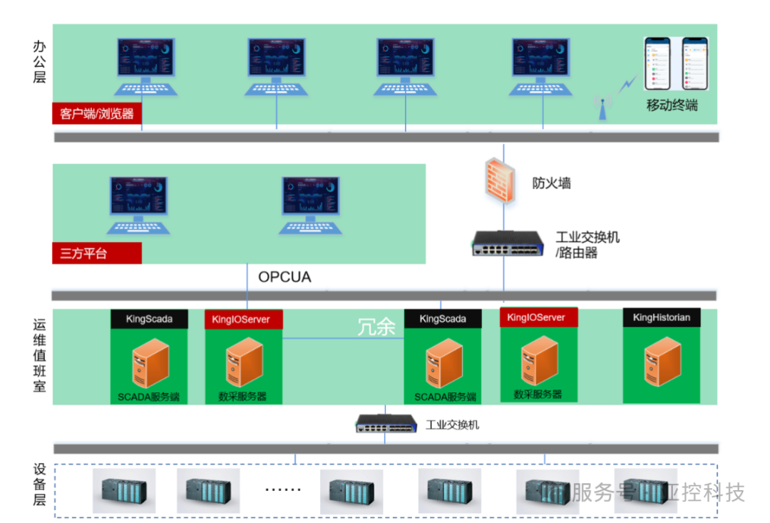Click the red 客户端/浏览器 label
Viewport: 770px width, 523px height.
point(97,113)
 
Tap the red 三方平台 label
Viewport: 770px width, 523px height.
point(97,253)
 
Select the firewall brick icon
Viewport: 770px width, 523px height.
point(502,181)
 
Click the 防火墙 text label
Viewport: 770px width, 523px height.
point(551,183)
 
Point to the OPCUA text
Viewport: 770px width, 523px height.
point(284,277)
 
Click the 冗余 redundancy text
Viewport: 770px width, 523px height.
point(376,327)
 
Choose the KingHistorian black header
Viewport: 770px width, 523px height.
point(661,318)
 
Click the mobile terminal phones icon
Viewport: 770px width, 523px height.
point(675,64)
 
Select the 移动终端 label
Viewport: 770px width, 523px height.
point(672,106)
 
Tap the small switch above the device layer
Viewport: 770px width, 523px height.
point(385,424)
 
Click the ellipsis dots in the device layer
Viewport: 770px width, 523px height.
point(283,490)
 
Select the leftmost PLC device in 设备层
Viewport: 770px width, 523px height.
point(124,491)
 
